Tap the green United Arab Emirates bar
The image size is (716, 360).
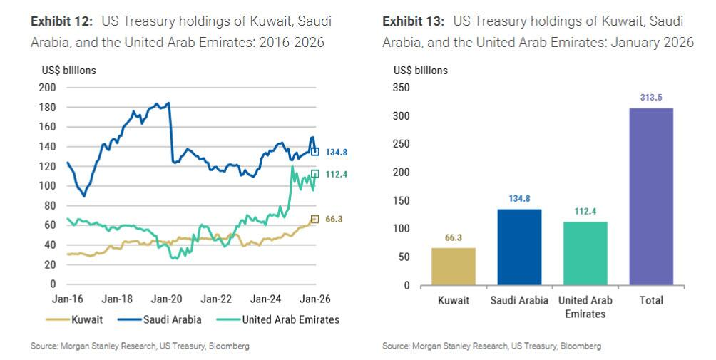(x=585, y=253)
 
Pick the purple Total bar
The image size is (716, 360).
(x=651, y=197)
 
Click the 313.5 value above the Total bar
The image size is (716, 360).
(x=651, y=98)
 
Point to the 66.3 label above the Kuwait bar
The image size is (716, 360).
(x=454, y=237)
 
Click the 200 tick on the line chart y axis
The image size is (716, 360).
(x=48, y=88)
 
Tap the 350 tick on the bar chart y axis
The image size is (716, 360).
(x=402, y=88)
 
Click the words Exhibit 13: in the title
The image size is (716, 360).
(x=413, y=21)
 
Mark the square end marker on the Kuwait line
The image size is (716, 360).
(x=314, y=219)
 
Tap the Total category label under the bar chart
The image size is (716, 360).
(x=651, y=300)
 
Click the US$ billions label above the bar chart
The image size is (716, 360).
(x=421, y=71)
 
